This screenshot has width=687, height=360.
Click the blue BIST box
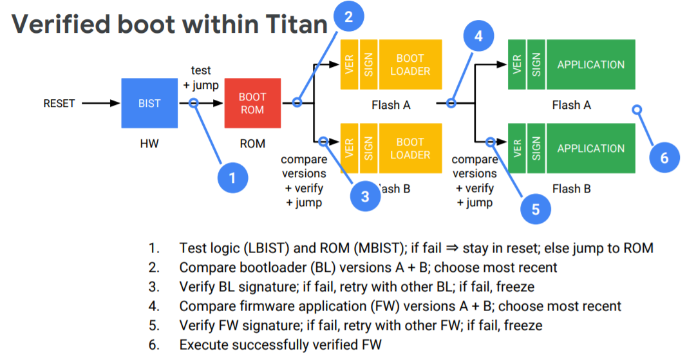pos(149,103)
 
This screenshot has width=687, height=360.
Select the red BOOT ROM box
pos(252,103)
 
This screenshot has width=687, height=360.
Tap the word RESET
pos(59,103)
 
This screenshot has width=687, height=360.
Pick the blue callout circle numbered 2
pos(348,17)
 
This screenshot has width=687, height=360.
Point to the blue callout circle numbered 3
pos(365,196)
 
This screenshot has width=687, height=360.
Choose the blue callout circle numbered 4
pos(478,36)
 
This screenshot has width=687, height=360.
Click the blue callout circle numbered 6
pos(664,156)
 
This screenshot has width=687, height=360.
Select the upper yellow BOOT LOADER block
pos(410,64)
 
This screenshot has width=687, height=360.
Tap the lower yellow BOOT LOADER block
pos(410,148)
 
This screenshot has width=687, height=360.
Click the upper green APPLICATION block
pos(590,64)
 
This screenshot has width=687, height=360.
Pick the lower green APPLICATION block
pos(590,148)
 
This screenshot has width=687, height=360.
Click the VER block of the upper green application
pos(517,64)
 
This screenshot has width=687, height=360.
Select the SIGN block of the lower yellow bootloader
pos(369,148)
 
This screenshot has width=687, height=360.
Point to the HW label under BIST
pos(149,144)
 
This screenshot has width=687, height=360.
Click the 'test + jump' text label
pos(201,77)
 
